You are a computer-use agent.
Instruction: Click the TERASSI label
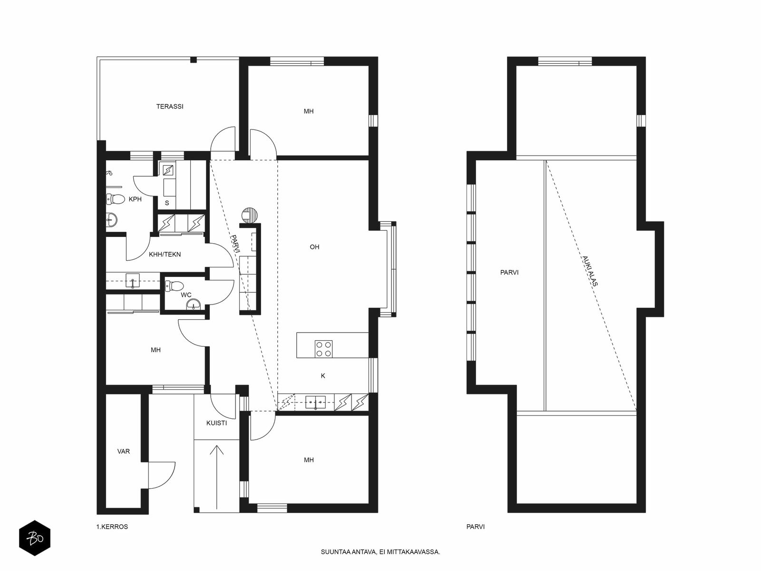[x=169, y=107]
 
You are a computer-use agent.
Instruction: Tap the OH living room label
[x=314, y=247]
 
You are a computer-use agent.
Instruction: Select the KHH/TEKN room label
[x=165, y=255]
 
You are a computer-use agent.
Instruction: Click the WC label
[x=186, y=295]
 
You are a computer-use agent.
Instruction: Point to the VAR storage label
[x=123, y=452]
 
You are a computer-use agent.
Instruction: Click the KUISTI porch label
[x=216, y=423]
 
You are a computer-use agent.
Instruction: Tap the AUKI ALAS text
[x=590, y=271]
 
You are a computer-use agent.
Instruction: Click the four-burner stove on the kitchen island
[x=323, y=349]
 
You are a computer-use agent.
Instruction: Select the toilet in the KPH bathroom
[x=116, y=199]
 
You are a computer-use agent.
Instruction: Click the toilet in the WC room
[x=175, y=286]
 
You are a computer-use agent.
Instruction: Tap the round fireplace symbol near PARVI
[x=250, y=215]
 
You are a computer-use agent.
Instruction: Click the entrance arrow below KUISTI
[x=217, y=477]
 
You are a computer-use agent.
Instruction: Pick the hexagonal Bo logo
[x=35, y=538]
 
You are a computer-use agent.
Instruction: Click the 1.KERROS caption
[x=112, y=527]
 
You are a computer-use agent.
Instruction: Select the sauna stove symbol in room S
[x=168, y=170]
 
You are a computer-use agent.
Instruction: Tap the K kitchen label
[x=323, y=376]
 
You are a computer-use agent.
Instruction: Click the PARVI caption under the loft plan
[x=475, y=527]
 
